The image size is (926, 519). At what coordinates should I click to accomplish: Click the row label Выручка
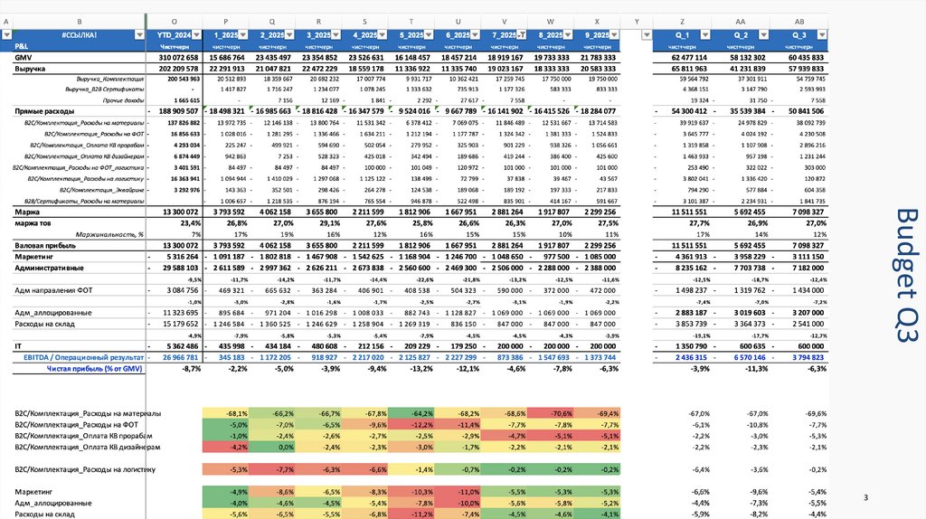32,68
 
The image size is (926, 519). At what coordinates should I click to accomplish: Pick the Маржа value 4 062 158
271,211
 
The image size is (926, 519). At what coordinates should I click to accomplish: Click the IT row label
19,345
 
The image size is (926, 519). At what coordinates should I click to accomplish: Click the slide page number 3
865,498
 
